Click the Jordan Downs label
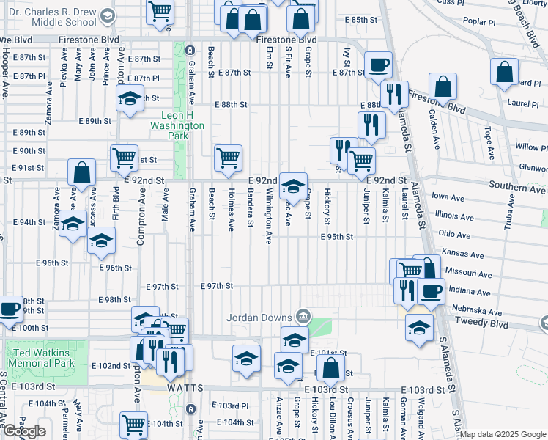tap(259, 318)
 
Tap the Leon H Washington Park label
tap(182, 125)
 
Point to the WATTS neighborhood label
tap(184, 386)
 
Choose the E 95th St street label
tap(337, 237)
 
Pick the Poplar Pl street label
tap(479, 22)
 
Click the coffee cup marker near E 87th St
tap(378, 65)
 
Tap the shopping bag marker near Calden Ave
tap(443, 87)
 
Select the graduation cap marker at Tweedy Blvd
tap(419, 327)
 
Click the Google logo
tap(24, 431)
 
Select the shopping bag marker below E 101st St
tap(331, 369)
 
